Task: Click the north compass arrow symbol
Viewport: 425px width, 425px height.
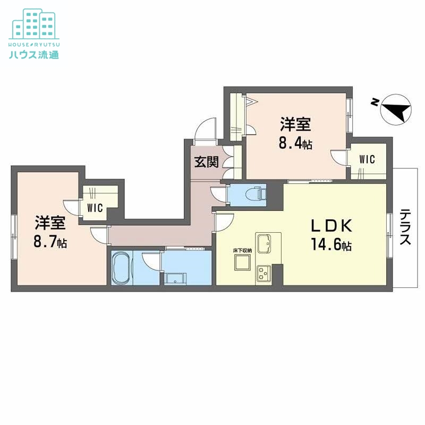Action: click(395, 110)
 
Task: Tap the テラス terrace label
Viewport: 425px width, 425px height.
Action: click(405, 227)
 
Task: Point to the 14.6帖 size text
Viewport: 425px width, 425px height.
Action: click(332, 245)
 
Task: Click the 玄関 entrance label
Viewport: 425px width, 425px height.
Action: click(206, 162)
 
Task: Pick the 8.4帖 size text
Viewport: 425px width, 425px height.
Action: click(296, 144)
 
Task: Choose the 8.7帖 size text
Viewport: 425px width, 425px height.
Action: click(50, 242)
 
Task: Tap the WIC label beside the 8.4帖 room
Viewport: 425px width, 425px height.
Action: click(367, 159)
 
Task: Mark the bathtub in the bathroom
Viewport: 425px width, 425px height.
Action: click(122, 268)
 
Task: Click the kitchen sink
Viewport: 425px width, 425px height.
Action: click(264, 244)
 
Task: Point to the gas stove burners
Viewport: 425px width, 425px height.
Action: click(263, 274)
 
